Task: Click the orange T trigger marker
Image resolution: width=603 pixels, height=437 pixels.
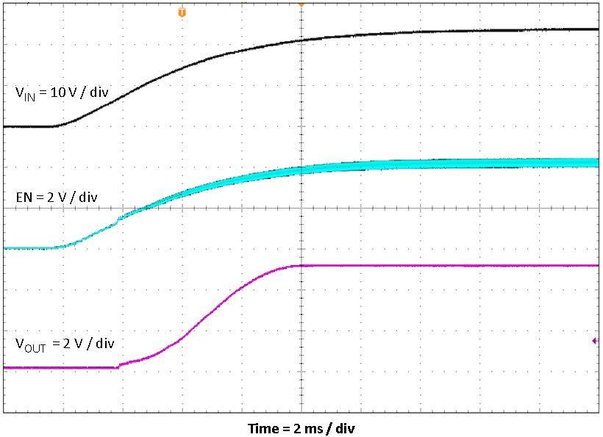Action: [182, 12]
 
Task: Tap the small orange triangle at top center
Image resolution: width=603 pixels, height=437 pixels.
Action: [301, 4]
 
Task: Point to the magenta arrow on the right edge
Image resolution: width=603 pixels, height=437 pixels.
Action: [595, 341]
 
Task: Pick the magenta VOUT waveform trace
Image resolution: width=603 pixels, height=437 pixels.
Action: [441, 265]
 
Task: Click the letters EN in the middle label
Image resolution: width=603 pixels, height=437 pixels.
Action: [23, 197]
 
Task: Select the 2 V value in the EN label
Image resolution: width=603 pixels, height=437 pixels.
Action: [54, 197]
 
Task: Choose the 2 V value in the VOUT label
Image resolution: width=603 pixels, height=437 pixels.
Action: [70, 343]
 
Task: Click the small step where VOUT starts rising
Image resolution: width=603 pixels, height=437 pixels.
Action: [119, 364]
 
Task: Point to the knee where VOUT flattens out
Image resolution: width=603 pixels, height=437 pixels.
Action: [297, 265]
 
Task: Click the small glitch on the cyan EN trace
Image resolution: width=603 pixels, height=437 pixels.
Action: [119, 218]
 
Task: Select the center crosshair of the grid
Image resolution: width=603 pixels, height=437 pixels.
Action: [301, 209]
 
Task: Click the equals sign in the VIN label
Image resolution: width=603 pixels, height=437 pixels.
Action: [42, 93]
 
